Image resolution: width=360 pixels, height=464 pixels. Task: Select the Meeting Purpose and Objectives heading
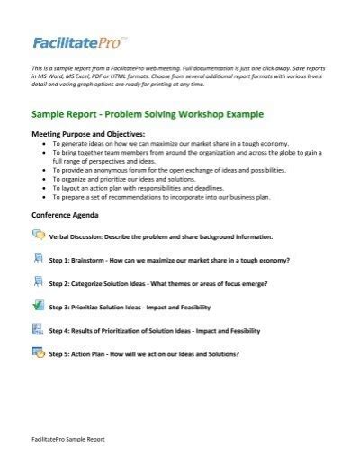pos(85,134)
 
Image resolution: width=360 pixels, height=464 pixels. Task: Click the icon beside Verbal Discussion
pos(38,235)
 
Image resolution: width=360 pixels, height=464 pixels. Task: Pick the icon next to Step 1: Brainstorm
pos(38,258)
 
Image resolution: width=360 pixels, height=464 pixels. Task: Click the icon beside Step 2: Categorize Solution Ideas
pos(38,281)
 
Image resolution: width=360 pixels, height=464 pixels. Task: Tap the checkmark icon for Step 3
pos(38,305)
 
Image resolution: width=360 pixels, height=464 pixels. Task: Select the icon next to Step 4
pos(38,328)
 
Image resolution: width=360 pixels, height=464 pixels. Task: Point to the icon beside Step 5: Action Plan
pos(38,352)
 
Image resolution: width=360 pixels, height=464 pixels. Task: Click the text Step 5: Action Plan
pos(80,353)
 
